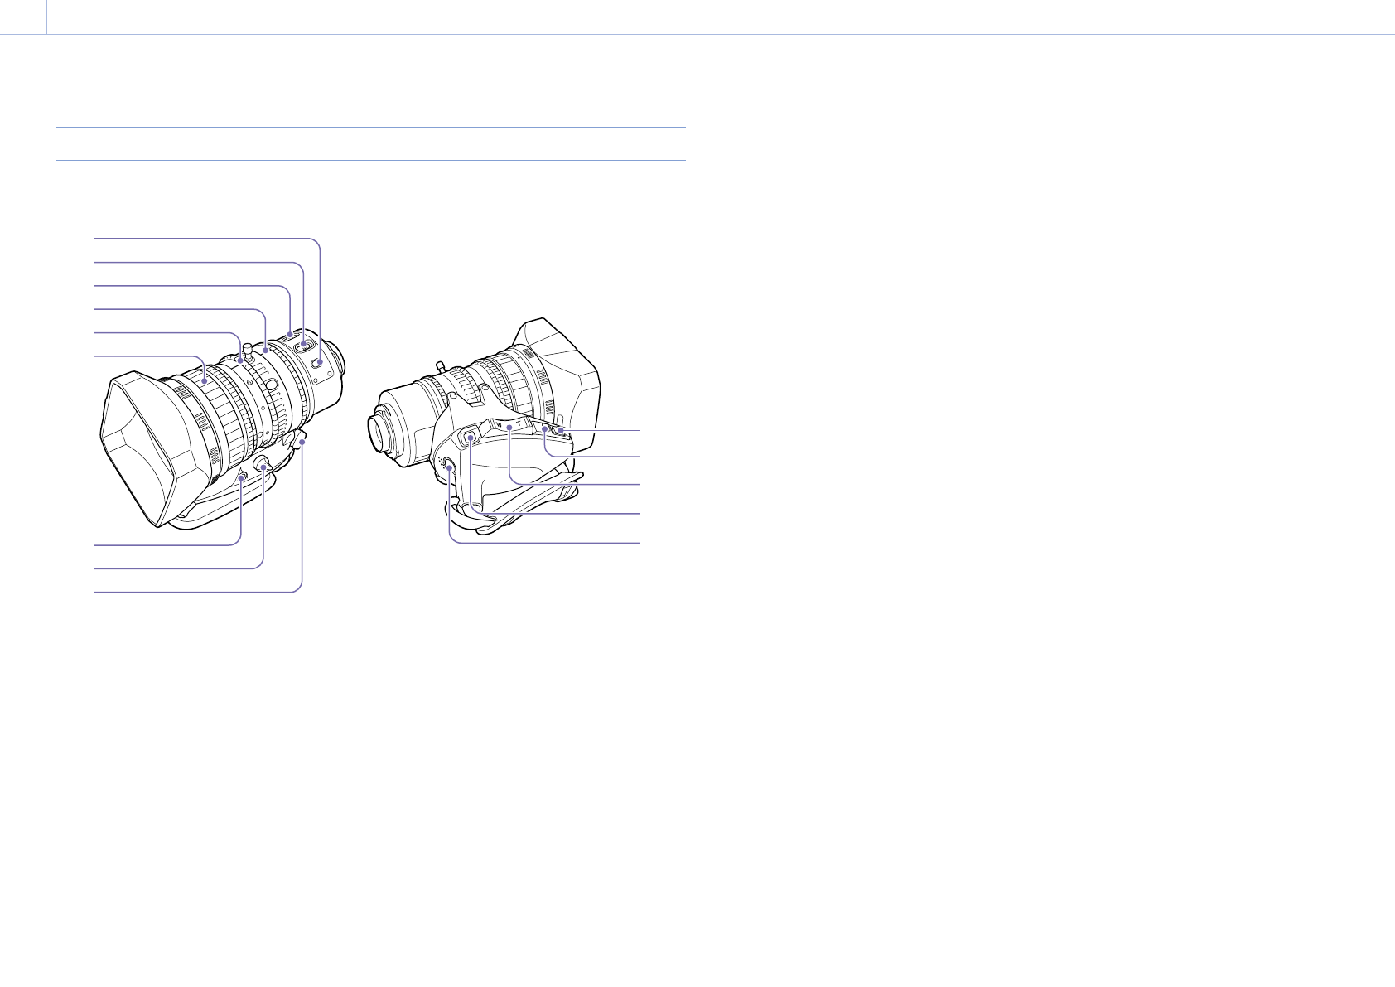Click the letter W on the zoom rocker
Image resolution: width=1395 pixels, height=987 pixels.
(x=499, y=425)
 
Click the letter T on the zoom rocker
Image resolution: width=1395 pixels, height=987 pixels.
(x=519, y=423)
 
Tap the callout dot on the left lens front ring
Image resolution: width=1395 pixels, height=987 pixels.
(x=204, y=381)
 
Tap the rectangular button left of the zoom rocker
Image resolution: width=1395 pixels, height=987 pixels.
(x=470, y=436)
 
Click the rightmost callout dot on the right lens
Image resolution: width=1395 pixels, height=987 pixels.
(x=562, y=431)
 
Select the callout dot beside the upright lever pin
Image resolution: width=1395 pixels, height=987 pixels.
(x=239, y=357)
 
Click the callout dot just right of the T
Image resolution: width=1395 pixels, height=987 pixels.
(x=544, y=429)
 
